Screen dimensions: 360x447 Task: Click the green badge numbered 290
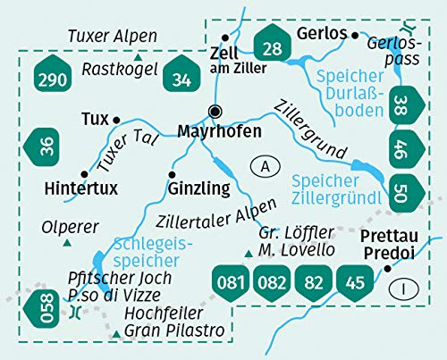53,80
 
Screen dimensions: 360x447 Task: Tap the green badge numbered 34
182,80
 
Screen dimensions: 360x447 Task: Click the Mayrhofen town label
219,131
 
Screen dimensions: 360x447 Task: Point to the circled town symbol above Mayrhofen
215,112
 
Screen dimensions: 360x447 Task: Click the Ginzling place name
198,188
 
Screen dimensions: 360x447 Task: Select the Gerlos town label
321,33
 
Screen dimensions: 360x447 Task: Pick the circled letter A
262,165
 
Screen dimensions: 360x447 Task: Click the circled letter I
409,288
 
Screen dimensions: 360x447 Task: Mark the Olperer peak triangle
66,242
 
